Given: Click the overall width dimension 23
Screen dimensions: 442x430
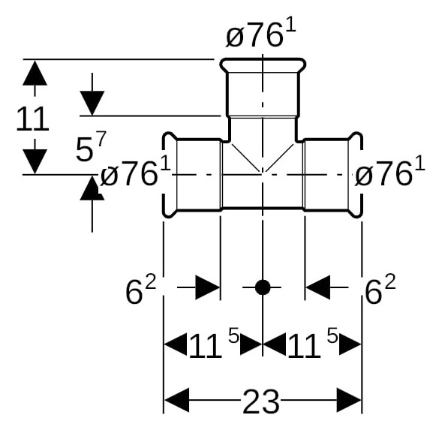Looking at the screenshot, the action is pyautogui.click(x=260, y=401).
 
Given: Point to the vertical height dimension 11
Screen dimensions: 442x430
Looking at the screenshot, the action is pyautogui.click(x=32, y=119).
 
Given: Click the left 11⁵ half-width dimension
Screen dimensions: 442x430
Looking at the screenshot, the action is pyautogui.click(x=214, y=344).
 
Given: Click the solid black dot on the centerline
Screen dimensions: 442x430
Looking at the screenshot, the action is pyautogui.click(x=263, y=287).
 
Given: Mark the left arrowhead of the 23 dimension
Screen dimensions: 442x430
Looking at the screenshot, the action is pyautogui.click(x=176, y=400).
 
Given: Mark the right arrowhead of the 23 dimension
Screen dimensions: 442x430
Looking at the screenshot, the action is pyautogui.click(x=349, y=400).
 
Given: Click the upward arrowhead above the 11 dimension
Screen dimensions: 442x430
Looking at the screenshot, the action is pyautogui.click(x=35, y=73).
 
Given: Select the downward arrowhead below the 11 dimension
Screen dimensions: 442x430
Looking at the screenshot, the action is pyautogui.click(x=35, y=161).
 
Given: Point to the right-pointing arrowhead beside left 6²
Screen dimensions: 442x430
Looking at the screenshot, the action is pyautogui.click(x=208, y=287).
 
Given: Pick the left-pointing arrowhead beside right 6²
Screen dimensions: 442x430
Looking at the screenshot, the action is pyautogui.click(x=317, y=287).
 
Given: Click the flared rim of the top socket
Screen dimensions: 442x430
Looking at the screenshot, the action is pyautogui.click(x=263, y=60).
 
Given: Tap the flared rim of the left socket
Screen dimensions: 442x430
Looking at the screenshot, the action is pyautogui.click(x=164, y=175).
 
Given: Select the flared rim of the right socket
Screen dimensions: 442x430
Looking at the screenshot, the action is pyautogui.click(x=361, y=175).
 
